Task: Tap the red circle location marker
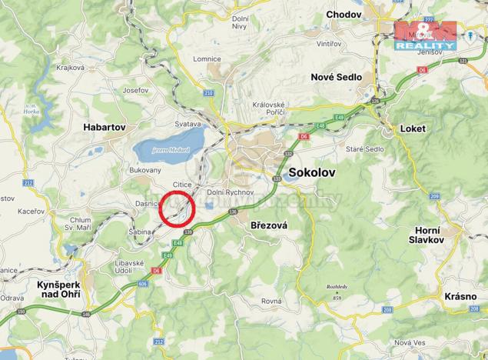[x=178, y=208]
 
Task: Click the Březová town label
[x=267, y=225]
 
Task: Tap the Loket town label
[x=413, y=128]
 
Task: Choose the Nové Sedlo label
[x=336, y=77]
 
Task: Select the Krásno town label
[x=460, y=296]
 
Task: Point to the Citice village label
[x=181, y=185]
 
